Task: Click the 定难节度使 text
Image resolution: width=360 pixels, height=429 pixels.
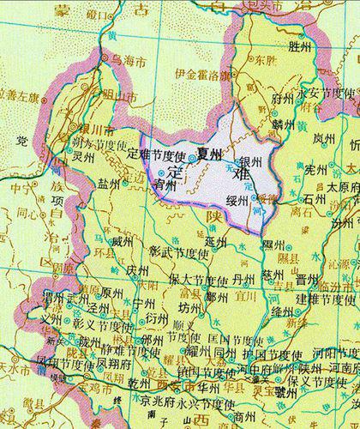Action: pyautogui.click(x=156, y=155)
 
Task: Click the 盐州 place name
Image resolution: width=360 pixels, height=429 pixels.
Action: pyautogui.click(x=109, y=184)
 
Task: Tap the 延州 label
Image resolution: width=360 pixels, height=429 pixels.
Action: pyautogui.click(x=215, y=242)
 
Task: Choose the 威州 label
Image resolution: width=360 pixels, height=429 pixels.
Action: pyautogui.click(x=123, y=244)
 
